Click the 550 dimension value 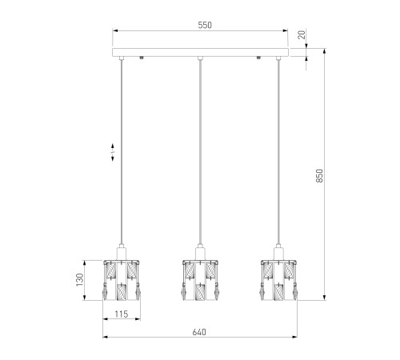pos(205,25)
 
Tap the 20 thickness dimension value pos(302,34)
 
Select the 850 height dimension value pos(319,176)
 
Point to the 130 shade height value pos(80,280)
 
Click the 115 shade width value pos(122,314)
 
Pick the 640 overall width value pos(199,332)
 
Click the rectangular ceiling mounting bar pos(200,53)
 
